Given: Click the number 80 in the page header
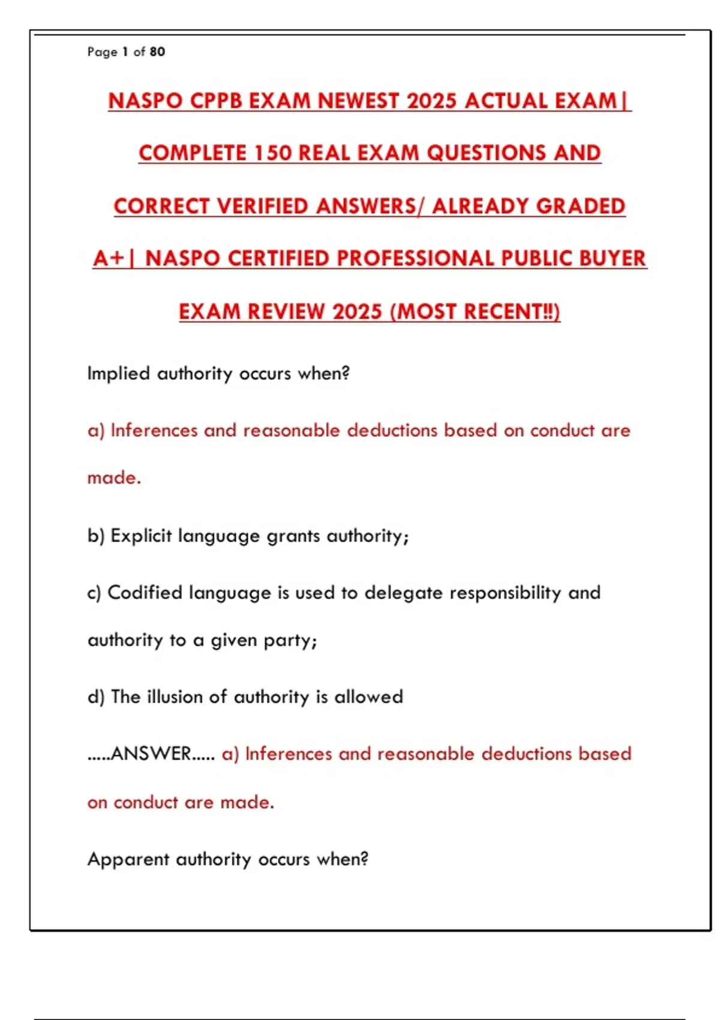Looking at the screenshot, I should (x=157, y=52).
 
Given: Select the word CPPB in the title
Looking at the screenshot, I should (x=216, y=101).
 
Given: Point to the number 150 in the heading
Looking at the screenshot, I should (x=272, y=153).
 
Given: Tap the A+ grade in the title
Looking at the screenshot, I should (x=109, y=259).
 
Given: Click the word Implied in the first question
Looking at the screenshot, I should (x=118, y=374).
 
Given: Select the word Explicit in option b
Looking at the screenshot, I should (x=141, y=535).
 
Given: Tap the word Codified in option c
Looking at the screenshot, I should (x=145, y=593).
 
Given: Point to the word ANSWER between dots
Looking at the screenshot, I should (x=151, y=754).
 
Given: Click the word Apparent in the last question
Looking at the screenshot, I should (x=128, y=859).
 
